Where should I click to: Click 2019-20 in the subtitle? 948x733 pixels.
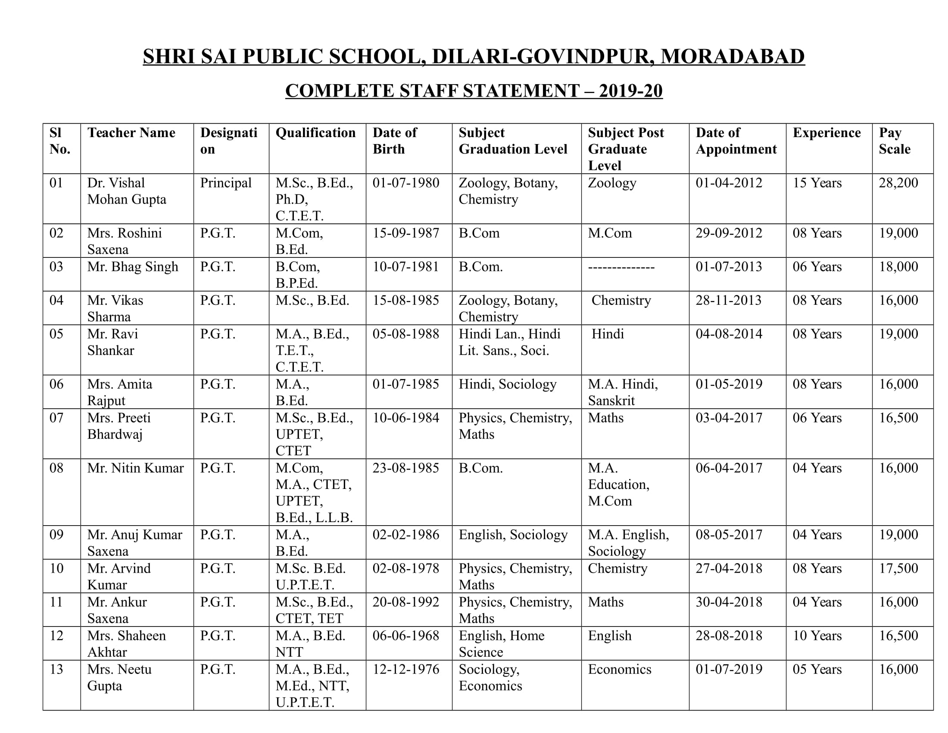[630, 91]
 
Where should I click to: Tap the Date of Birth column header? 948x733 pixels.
[395, 141]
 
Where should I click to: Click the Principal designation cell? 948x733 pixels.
[226, 183]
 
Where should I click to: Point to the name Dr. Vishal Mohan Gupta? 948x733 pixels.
[126, 191]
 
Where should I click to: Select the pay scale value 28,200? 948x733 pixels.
[898, 183]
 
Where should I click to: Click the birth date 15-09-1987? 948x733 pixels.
[406, 233]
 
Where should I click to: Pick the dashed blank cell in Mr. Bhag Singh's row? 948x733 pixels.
[621, 267]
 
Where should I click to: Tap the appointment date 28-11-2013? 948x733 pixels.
[728, 301]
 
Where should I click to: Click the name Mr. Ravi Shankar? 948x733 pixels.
[112, 342]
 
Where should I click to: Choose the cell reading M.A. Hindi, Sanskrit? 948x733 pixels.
[623, 392]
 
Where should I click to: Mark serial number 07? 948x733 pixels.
[56, 418]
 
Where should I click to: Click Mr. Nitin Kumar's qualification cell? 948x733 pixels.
[313, 492]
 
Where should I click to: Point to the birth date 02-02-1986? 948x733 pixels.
[406, 535]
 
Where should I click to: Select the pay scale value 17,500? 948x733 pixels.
[898, 568]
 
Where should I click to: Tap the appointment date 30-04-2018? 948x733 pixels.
[728, 602]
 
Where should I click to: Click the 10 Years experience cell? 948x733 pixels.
[817, 636]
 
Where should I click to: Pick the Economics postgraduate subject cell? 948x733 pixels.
[619, 669]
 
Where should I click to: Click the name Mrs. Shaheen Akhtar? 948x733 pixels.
[126, 644]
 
